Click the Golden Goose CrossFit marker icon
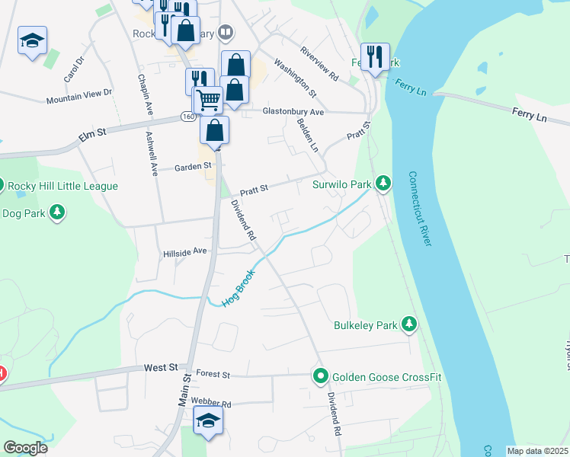coord(321,376)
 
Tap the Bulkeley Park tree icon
coord(410,325)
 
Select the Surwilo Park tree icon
coord(383,184)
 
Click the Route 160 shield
coord(188,116)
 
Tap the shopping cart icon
coord(207,99)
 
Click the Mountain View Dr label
coord(78,96)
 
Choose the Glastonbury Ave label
coord(293,112)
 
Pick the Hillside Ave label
coord(185,251)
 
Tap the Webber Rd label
coord(211,402)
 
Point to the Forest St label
coord(213,374)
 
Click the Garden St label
coord(191,168)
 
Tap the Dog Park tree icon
coord(57,213)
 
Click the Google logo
coord(25,448)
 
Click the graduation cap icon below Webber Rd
coord(208,421)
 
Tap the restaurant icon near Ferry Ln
coord(374,56)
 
